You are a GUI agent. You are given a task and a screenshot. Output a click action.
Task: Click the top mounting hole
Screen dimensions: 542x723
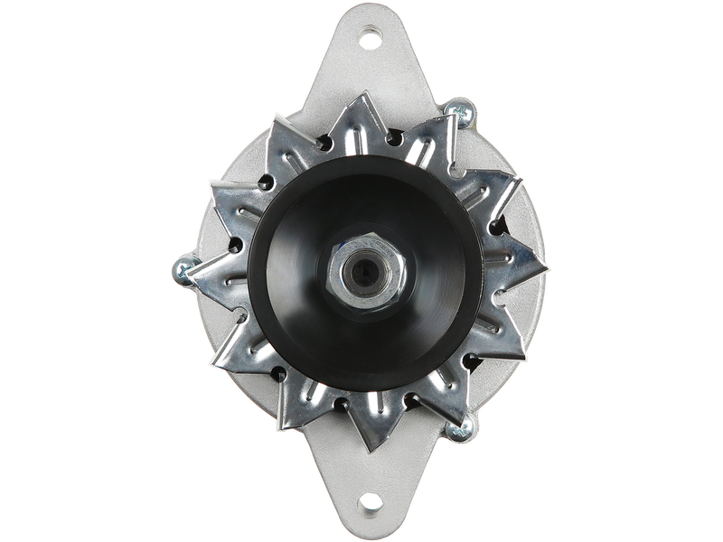370,39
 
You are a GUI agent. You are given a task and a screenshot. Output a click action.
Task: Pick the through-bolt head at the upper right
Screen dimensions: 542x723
458,112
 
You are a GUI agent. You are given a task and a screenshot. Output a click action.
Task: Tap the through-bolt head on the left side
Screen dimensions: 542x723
181,269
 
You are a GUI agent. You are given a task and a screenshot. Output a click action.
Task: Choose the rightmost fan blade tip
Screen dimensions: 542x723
547,268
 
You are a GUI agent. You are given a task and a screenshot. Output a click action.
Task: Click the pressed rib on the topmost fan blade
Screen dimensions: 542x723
361,126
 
